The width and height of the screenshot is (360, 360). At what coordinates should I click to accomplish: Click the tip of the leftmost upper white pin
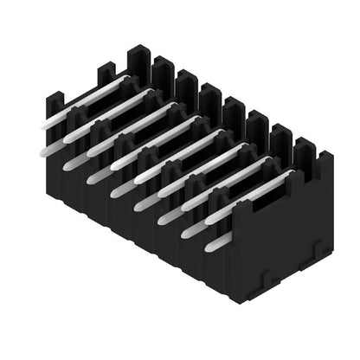tap(43, 129)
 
